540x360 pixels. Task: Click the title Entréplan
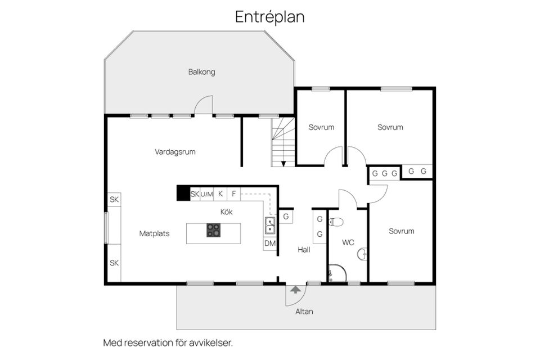click(270, 17)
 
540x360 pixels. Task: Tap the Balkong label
click(201, 72)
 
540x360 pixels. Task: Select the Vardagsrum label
click(175, 151)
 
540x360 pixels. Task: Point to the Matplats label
click(155, 233)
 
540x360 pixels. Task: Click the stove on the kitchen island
click(214, 229)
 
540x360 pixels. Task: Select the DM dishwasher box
click(270, 244)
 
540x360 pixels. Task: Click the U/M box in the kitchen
click(206, 194)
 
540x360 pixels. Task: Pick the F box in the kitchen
click(234, 194)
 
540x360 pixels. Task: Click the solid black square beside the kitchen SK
click(183, 193)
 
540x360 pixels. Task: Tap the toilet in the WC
click(336, 221)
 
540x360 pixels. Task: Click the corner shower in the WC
click(336, 273)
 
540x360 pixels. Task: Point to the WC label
click(348, 242)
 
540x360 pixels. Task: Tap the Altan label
click(305, 311)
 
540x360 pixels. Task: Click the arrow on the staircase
click(283, 163)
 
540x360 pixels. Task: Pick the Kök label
click(226, 212)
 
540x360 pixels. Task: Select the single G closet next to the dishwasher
click(286, 216)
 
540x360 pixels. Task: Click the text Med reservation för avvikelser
click(168, 342)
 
